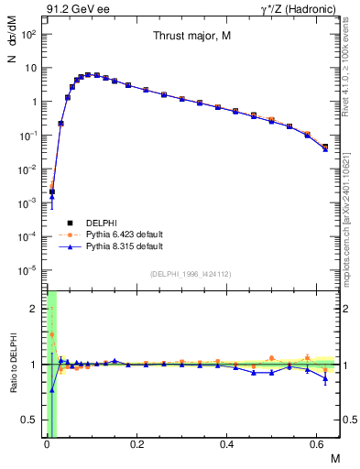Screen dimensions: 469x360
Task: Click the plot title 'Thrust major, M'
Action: [191, 37]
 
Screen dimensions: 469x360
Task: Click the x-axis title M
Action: [334, 459]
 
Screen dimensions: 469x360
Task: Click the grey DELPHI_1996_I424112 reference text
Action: [191, 273]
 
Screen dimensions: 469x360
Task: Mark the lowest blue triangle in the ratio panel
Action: [51, 389]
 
